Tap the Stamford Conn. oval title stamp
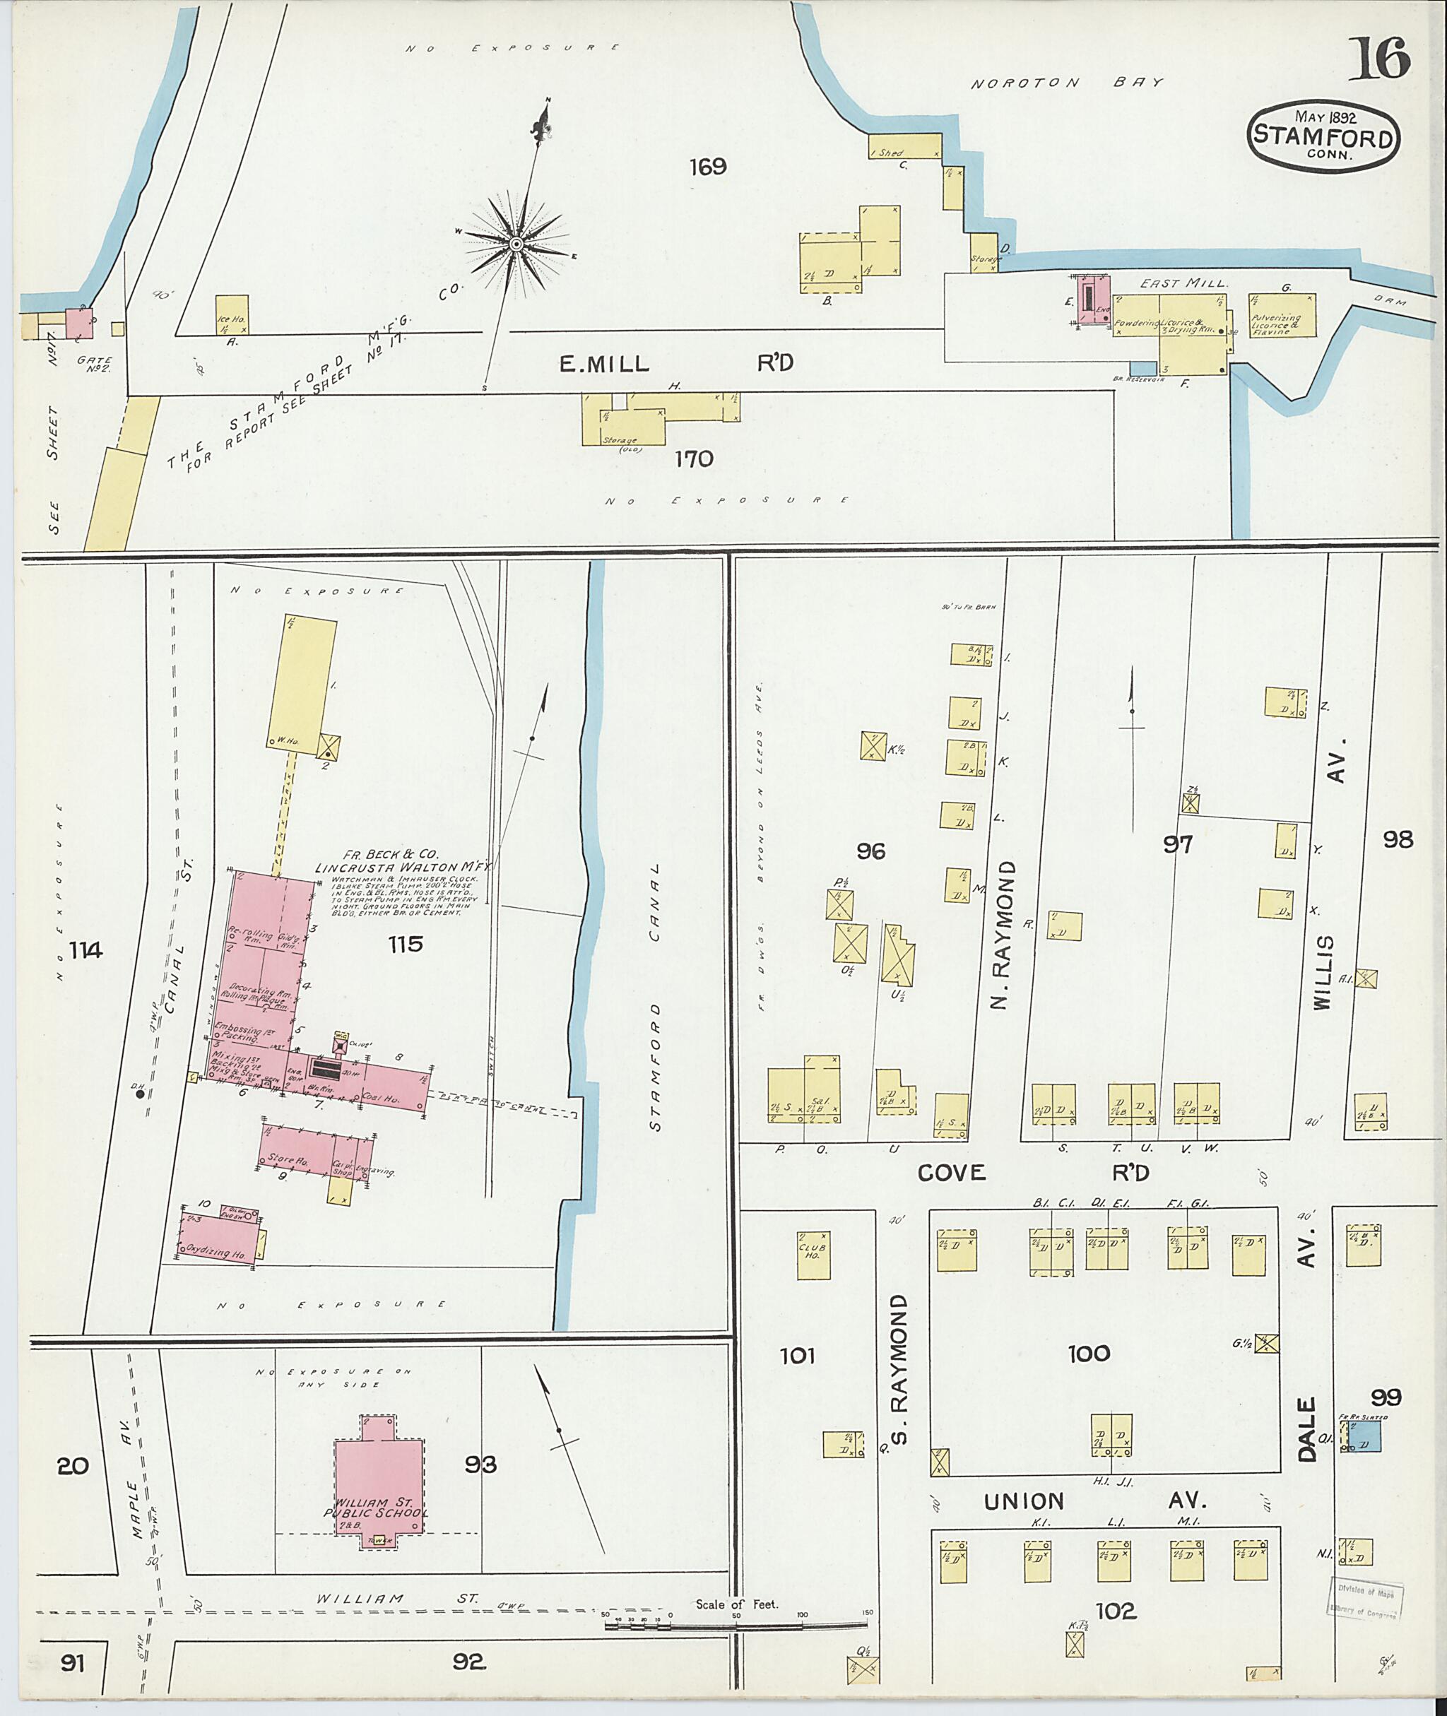1324,137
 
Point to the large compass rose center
516,244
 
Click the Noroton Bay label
1067,83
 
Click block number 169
707,167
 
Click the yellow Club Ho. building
814,1255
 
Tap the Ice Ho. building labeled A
231,314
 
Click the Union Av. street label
1095,1501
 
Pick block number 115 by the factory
406,944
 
